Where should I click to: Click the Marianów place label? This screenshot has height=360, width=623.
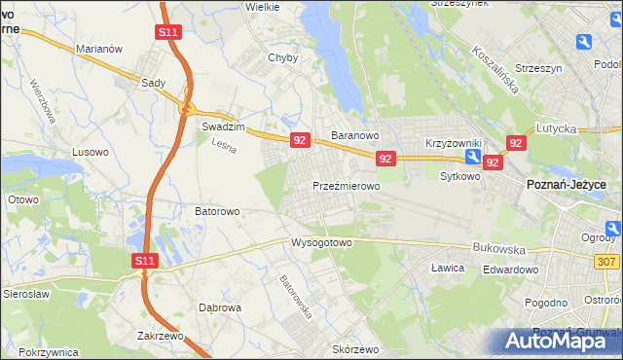[97, 49]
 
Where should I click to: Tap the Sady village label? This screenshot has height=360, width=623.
[153, 84]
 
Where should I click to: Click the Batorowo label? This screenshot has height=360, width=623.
[217, 210]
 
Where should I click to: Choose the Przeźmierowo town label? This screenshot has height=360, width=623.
[346, 185]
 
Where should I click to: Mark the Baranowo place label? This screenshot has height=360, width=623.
[354, 135]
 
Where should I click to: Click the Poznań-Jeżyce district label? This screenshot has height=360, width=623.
[566, 184]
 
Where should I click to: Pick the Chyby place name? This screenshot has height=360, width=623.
[282, 57]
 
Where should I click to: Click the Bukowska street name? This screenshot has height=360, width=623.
[497, 248]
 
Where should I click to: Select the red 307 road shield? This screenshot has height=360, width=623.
[607, 262]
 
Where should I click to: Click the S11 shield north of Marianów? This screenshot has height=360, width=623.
[167, 32]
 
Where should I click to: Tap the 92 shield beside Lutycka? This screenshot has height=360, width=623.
[516, 143]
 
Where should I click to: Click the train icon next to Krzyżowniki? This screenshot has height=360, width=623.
[471, 156]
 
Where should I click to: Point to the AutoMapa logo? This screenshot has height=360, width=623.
[562, 341]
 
